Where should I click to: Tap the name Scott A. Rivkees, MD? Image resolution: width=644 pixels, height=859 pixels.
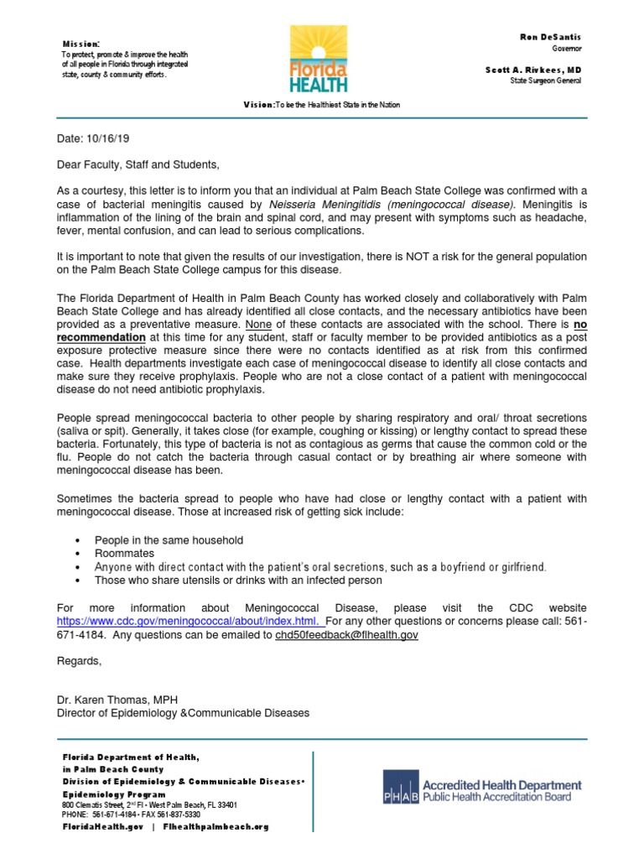pyautogui.click(x=545, y=70)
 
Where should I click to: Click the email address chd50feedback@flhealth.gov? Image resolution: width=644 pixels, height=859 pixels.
pyautogui.click(x=346, y=635)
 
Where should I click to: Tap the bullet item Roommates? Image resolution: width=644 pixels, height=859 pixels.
pyautogui.click(x=124, y=554)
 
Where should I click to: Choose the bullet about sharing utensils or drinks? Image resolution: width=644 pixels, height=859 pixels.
pyautogui.click(x=238, y=580)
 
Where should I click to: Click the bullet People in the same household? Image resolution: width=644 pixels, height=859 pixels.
pyautogui.click(x=169, y=540)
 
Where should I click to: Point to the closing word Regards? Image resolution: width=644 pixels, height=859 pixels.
pyautogui.click(x=79, y=661)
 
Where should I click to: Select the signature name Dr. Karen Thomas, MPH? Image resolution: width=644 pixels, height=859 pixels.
pyautogui.click(x=117, y=700)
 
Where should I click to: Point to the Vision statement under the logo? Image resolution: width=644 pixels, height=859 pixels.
pyautogui.click(x=322, y=105)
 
